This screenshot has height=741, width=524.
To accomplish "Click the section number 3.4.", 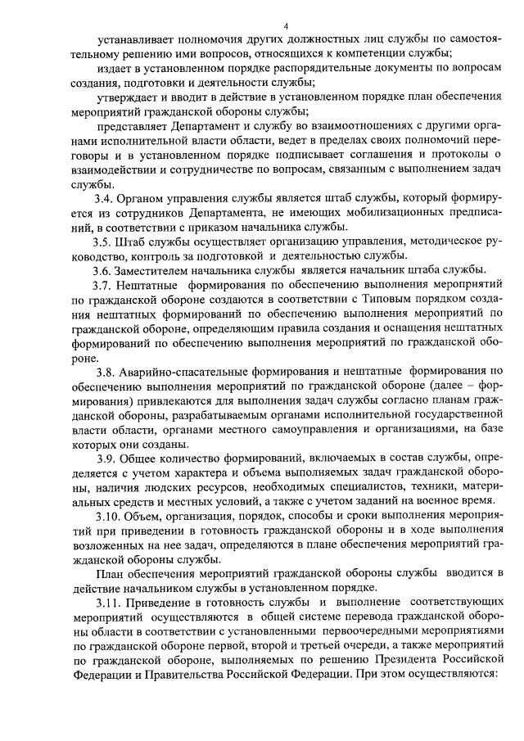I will coord(104,199).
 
